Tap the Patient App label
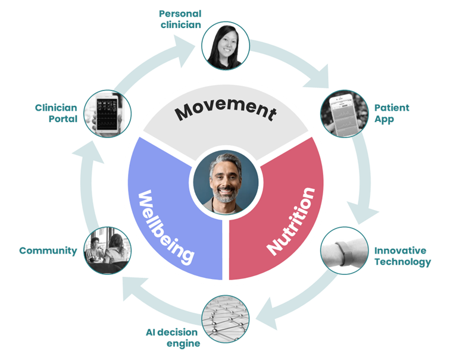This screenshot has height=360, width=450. pos(392,113)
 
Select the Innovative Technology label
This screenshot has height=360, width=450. pos(402,256)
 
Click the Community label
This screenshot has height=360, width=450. pos(48,251)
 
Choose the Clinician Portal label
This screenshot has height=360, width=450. pos(56,113)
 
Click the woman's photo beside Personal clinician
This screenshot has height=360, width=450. pos(225,46)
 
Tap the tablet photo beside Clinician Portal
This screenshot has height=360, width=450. pos(107,114)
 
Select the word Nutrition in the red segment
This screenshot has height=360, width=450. pos(291,220)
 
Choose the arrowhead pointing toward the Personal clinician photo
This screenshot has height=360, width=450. pos(190,45)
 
